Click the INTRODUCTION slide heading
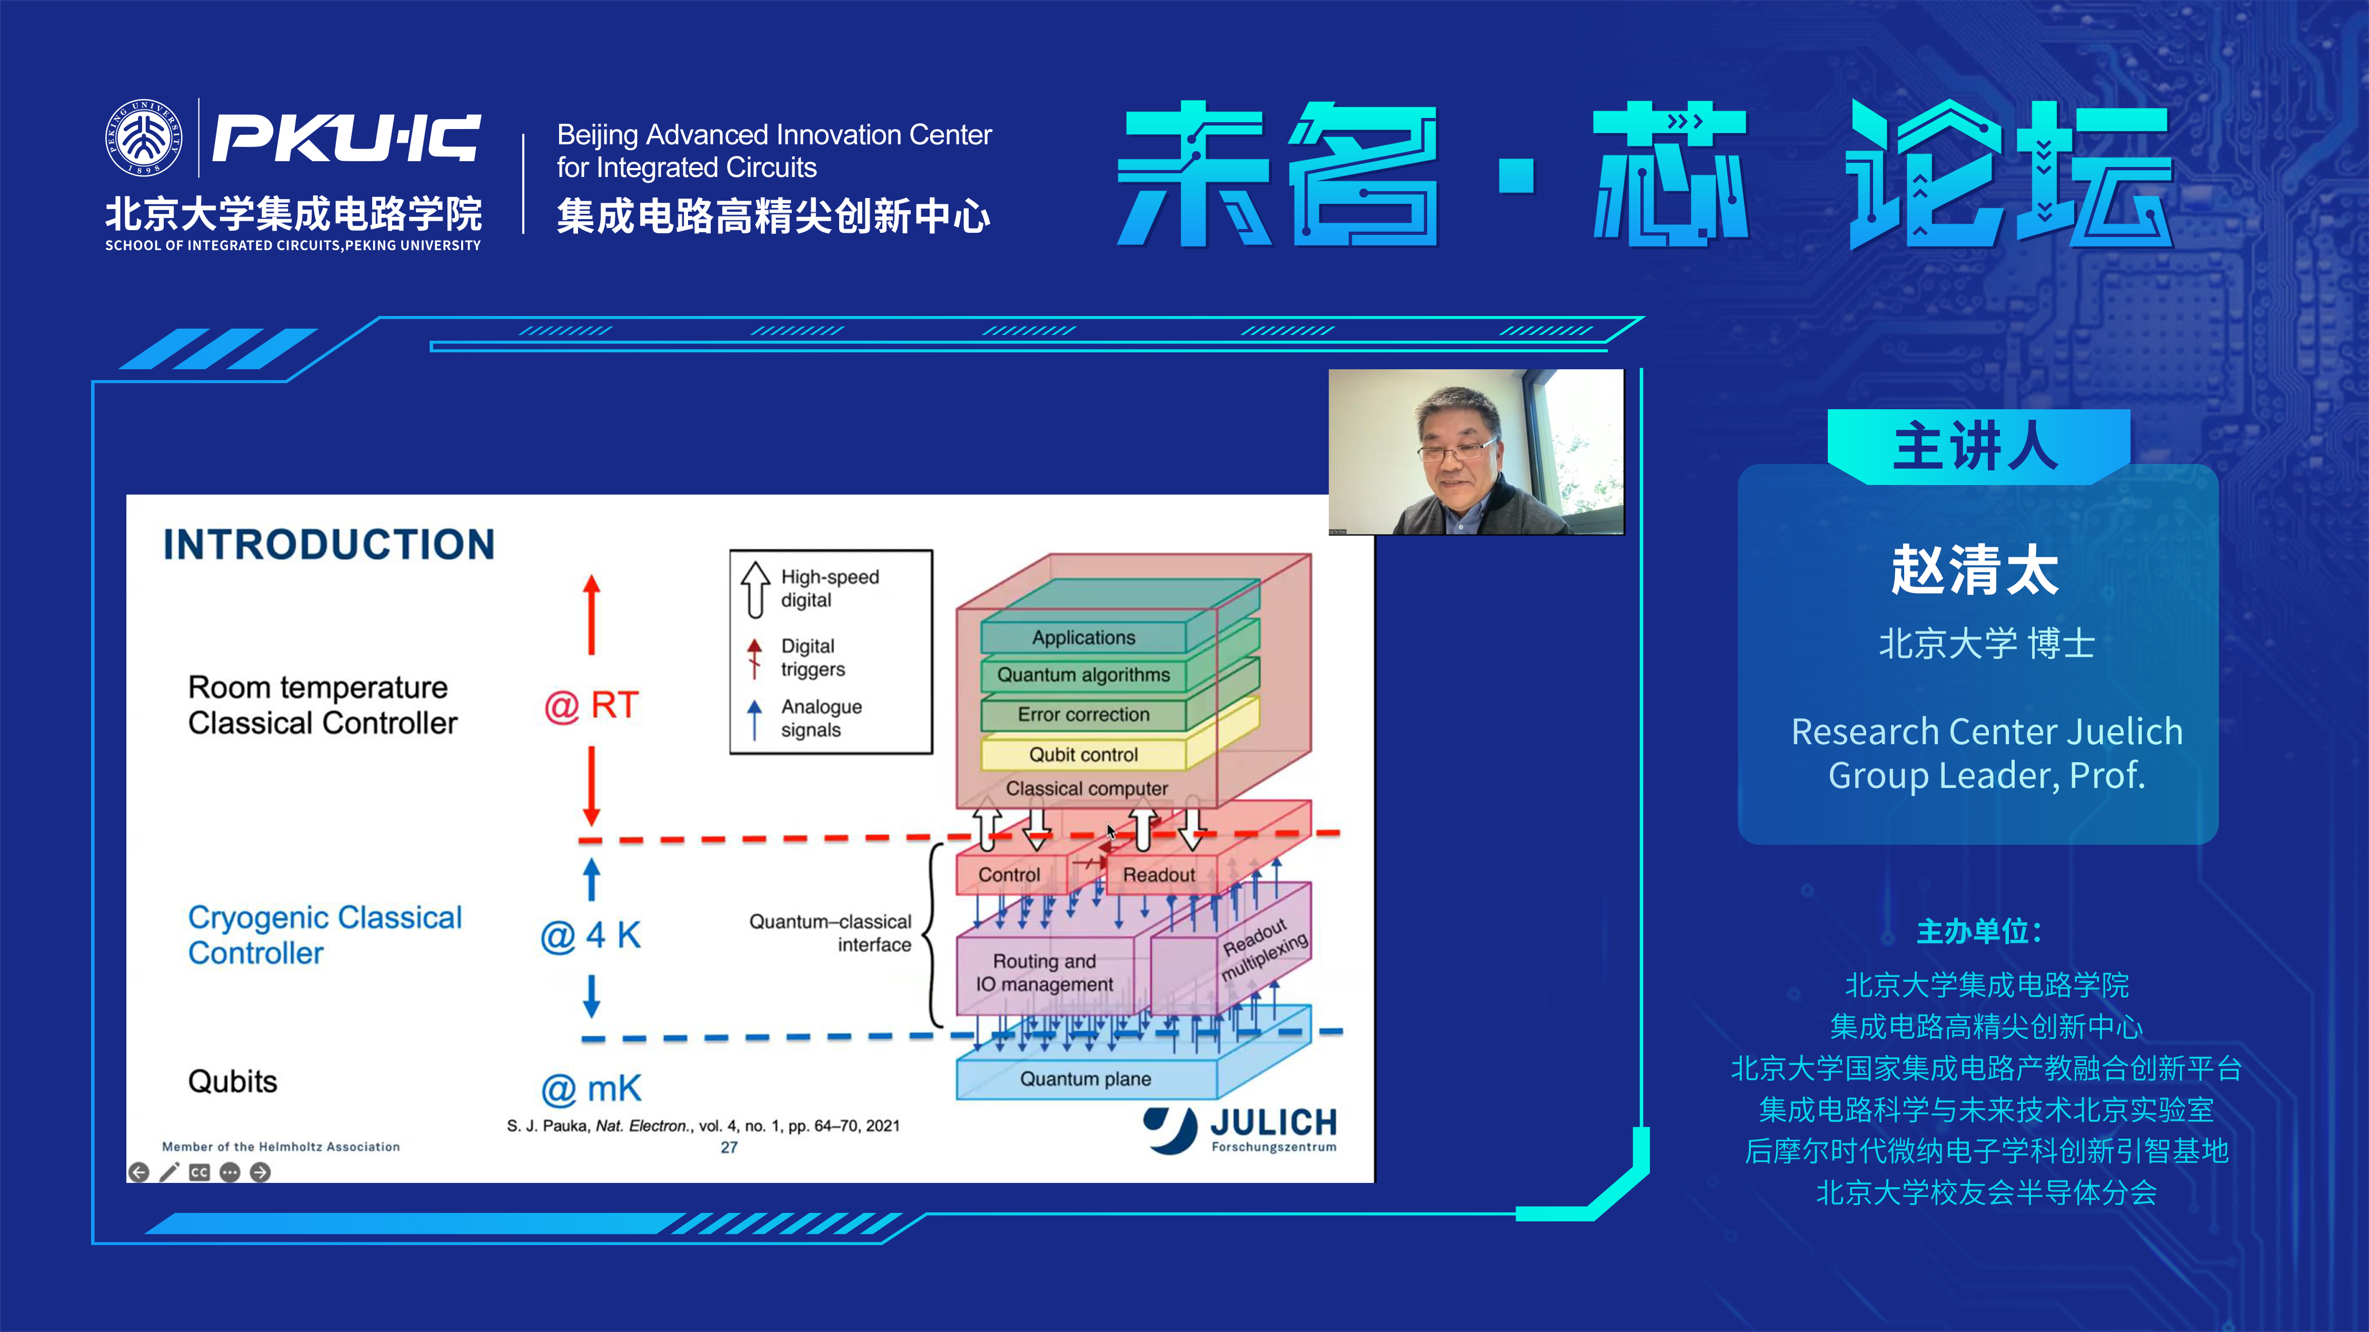[x=329, y=545]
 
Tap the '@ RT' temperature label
[x=591, y=706]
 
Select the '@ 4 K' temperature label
[x=591, y=935]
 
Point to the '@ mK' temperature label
[x=591, y=1089]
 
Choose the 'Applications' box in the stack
[x=1083, y=637]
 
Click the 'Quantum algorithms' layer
[x=1083, y=675]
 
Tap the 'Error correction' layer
[x=1083, y=715]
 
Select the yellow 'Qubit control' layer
[x=1083, y=754]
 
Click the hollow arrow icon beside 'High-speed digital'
[x=755, y=589]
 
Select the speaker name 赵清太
[x=1975, y=570]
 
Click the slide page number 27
[x=729, y=1147]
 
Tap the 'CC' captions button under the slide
[x=200, y=1172]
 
